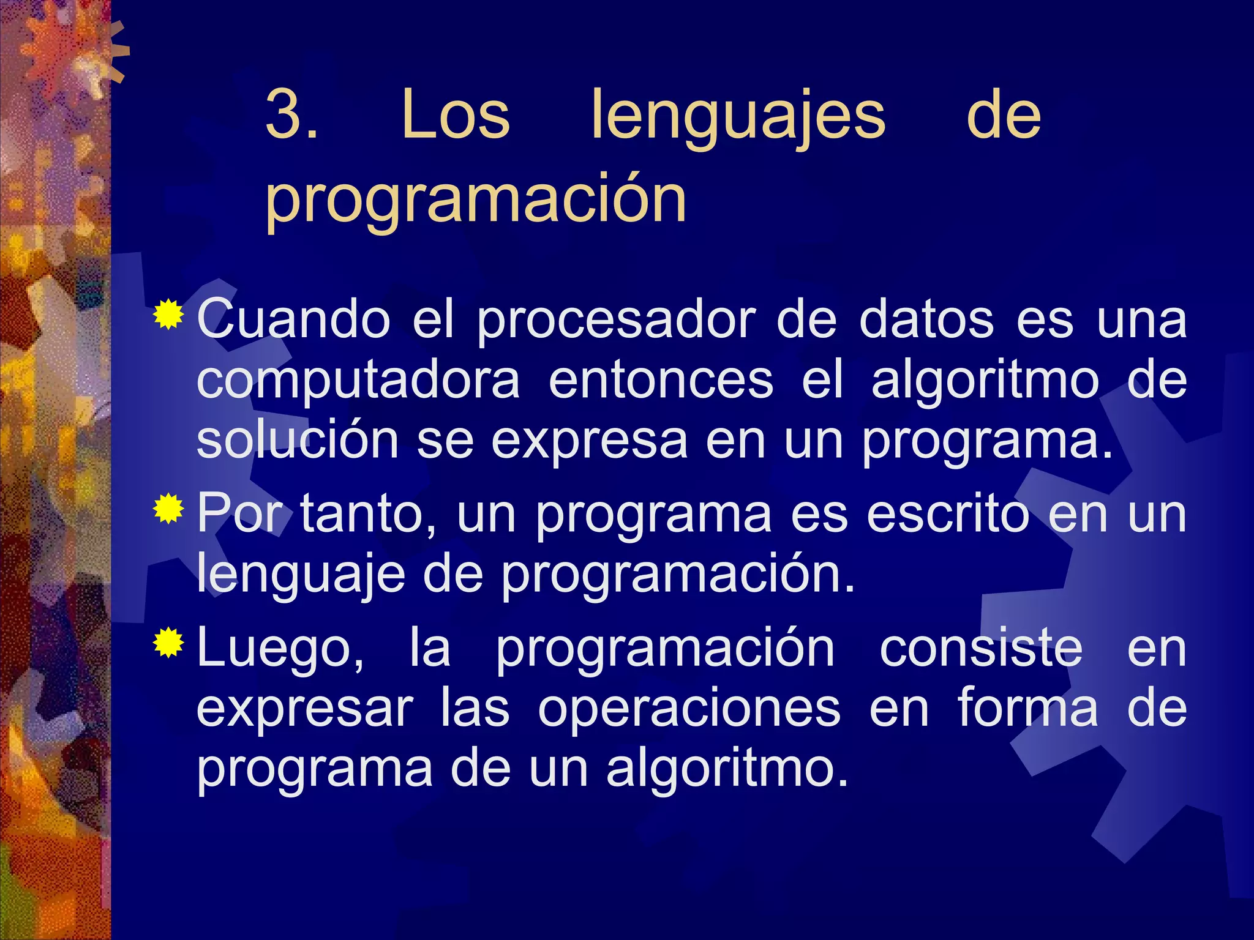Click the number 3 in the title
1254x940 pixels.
point(285,116)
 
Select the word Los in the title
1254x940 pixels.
point(456,116)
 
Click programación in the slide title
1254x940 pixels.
point(476,200)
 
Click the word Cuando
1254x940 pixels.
point(293,319)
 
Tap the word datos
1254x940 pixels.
point(926,319)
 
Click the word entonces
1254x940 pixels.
point(661,380)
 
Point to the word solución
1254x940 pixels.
point(298,439)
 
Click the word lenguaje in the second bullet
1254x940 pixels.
point(301,576)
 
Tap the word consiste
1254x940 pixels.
point(981,648)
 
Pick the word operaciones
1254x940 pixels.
point(689,709)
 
